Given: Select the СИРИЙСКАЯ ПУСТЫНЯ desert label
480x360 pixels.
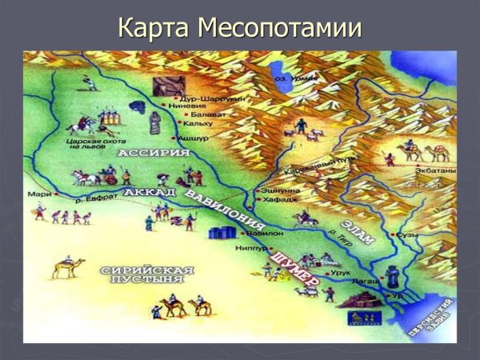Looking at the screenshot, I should tap(148, 276).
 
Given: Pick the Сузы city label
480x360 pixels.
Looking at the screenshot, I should tap(409, 236).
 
